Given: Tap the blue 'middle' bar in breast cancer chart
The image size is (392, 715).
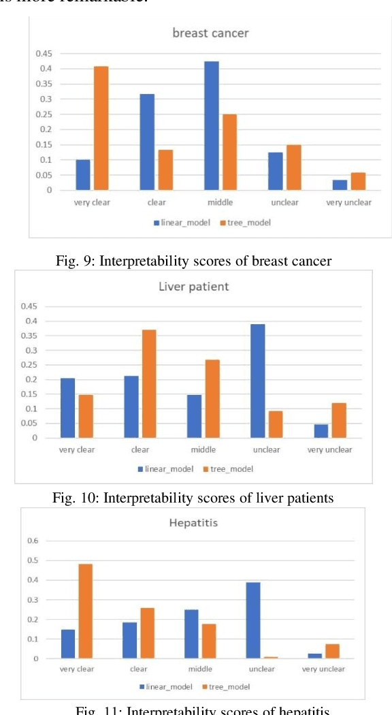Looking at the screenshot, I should click(x=211, y=125).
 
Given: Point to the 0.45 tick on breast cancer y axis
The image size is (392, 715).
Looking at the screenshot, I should click(x=44, y=53).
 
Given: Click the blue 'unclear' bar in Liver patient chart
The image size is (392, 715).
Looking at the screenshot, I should click(x=257, y=381).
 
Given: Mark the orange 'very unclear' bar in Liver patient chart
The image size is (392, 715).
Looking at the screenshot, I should click(x=338, y=420).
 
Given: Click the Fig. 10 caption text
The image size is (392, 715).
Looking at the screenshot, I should click(x=193, y=498).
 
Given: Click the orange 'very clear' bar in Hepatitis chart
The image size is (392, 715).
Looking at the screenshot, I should click(x=85, y=611).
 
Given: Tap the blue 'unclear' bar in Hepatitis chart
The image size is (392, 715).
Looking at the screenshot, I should click(x=252, y=620).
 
